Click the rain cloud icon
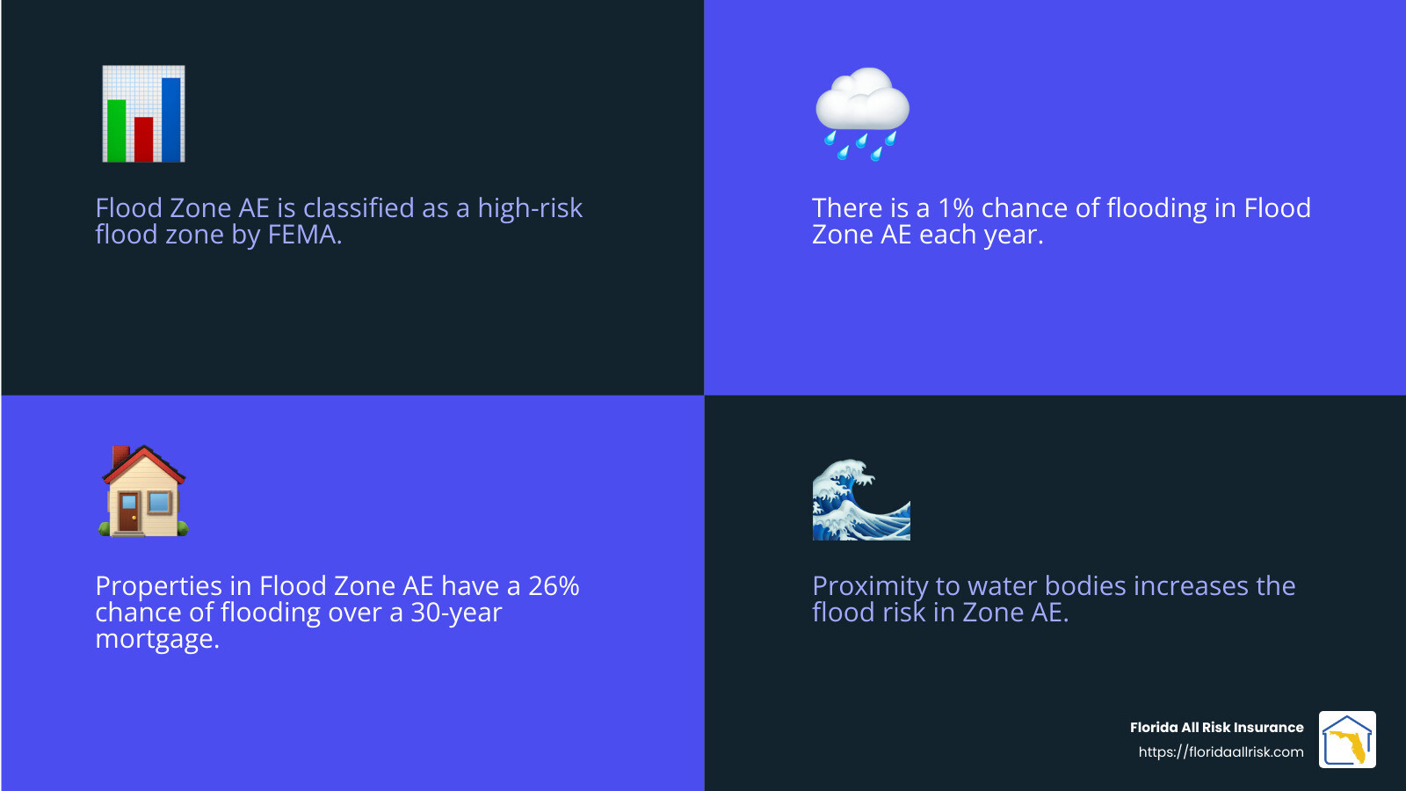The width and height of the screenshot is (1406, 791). pos(861,112)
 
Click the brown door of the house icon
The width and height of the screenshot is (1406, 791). pos(129,512)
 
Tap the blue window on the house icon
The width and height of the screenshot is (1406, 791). pos(160,503)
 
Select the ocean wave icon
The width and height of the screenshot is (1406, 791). pos(861,499)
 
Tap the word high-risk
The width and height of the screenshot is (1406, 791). pos(530,208)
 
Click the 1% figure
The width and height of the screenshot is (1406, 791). pos(955,208)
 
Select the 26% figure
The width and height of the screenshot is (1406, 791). pos(554,586)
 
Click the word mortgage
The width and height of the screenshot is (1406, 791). pos(156,639)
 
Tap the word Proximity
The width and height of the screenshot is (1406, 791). pos(870,586)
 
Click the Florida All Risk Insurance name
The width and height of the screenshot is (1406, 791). pos(1216,727)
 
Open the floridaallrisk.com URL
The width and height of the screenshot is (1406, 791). pos(1221,752)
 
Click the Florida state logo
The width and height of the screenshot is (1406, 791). pos(1347,740)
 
